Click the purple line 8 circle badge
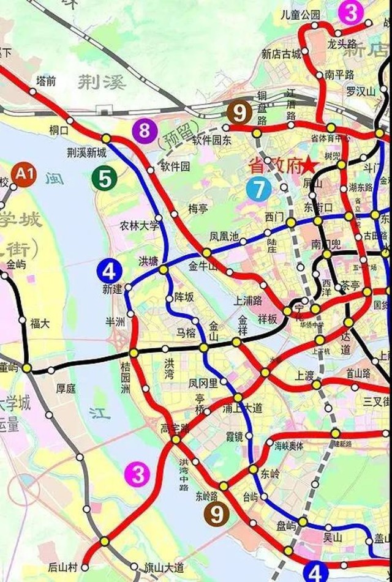pyautogui.click(x=144, y=130)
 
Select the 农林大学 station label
pyautogui.click(x=139, y=225)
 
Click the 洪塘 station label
pyautogui.click(x=148, y=258)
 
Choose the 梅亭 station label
pyautogui.click(x=198, y=208)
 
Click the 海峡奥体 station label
pyautogui.click(x=289, y=446)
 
